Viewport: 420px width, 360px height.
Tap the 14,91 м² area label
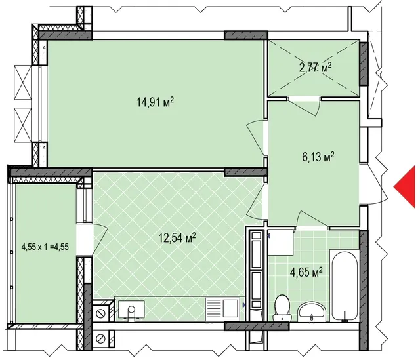pos(156,102)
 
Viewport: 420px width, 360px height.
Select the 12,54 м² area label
pos(177,237)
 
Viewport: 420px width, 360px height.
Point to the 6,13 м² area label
pos(318,157)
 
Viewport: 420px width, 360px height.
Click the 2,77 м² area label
pos(316,67)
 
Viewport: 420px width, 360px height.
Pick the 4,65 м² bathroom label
pos(306,273)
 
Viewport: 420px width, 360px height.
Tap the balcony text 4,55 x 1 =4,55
pos(45,247)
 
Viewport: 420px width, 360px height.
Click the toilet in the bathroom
pos(282,308)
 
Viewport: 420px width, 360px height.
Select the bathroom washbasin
pos(312,311)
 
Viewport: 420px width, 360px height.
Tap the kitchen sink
pos(131,310)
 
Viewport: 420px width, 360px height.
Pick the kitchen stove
pos(222,310)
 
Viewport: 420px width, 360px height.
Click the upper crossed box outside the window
pos(22,83)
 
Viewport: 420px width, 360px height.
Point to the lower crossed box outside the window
pos(22,125)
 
